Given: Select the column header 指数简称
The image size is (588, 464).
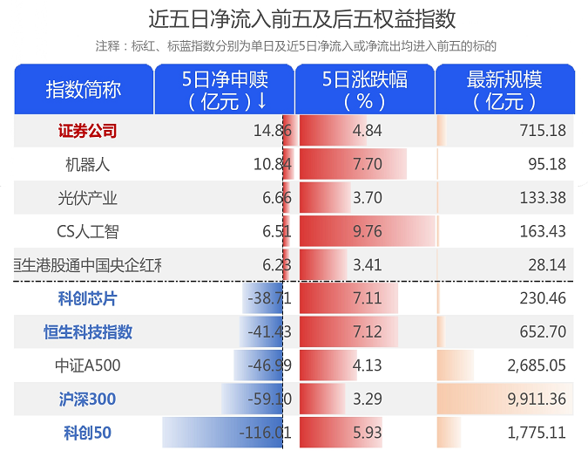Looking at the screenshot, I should tap(84, 90).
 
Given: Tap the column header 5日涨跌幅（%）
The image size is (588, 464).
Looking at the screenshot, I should tap(365, 90).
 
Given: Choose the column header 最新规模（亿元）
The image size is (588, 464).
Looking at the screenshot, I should tap(504, 90).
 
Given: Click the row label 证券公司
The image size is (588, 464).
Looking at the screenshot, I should tap(87, 131).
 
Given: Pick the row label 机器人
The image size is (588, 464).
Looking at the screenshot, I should tap(87, 164).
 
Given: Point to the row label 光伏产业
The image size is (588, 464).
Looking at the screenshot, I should tap(87, 198).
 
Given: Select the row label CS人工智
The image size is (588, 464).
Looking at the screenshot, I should tap(87, 231).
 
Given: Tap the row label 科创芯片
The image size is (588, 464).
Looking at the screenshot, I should tap(87, 298).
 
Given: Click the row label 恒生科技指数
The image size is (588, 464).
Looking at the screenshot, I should tap(88, 331).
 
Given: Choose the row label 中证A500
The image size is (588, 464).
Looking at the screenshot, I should tap(87, 365).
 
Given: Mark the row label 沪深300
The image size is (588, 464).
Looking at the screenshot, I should tap(87, 399).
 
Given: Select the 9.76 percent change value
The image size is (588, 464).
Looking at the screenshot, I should tap(368, 231).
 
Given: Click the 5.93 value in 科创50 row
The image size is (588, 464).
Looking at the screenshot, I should tap(368, 433).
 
